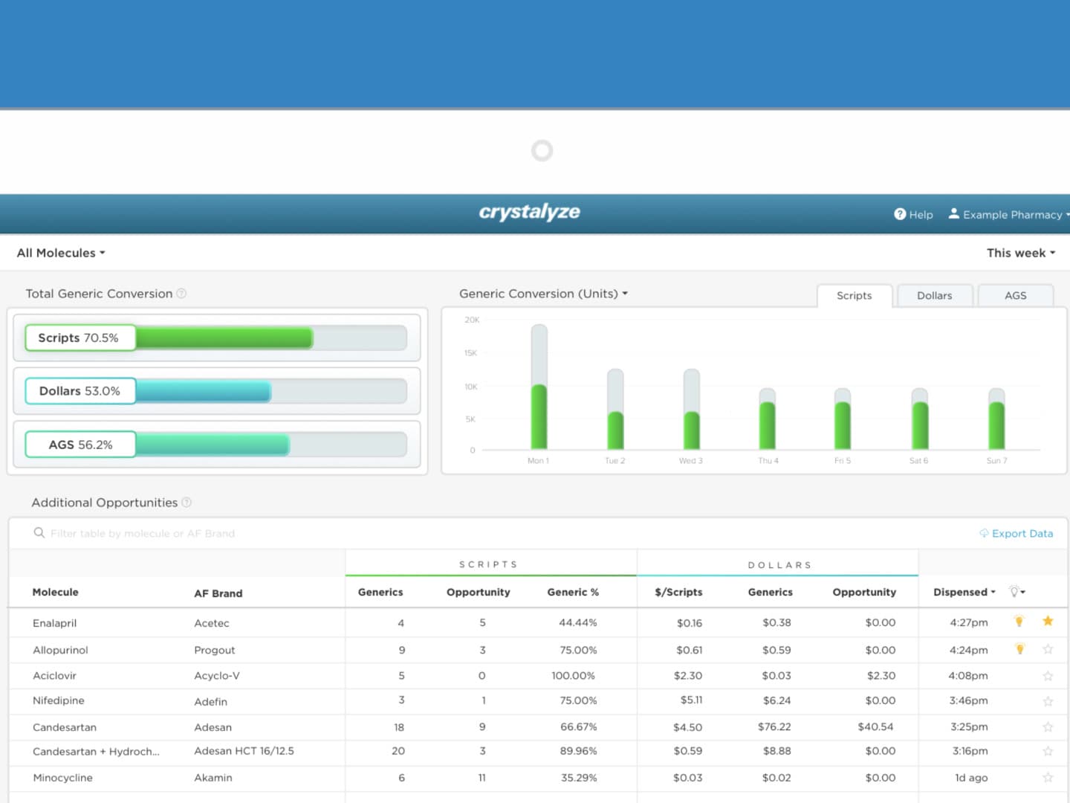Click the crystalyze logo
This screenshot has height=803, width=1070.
(x=529, y=212)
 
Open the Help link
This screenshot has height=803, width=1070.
(x=913, y=214)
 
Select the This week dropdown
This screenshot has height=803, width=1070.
(x=1020, y=253)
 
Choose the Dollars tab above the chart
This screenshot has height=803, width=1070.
(x=934, y=295)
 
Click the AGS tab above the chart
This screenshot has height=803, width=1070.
(x=1015, y=295)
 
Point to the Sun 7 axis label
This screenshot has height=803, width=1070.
(x=996, y=461)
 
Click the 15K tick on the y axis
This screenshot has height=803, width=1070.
(x=471, y=353)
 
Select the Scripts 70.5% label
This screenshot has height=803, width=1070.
(x=79, y=338)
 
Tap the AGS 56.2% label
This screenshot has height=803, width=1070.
(x=80, y=445)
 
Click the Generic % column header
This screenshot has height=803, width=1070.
(x=573, y=592)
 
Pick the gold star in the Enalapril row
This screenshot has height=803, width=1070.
(x=1048, y=621)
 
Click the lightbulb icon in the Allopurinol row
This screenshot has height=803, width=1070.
(x=1019, y=649)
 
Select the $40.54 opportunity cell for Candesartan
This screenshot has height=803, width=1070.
(x=875, y=726)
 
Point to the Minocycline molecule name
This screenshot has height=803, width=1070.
(x=62, y=778)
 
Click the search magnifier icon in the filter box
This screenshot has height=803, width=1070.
(x=39, y=533)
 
